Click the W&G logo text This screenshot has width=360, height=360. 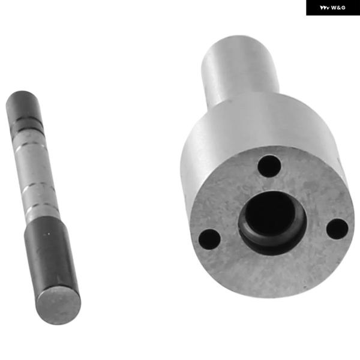pyautogui.click(x=338, y=8)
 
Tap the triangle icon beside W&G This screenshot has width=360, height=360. pyautogui.click(x=325, y=8)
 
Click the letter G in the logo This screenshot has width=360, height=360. pyautogui.click(x=343, y=8)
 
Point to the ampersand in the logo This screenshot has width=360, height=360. pyautogui.click(x=338, y=8)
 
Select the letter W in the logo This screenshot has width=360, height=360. pyautogui.click(x=334, y=8)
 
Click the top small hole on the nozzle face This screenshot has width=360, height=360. pyautogui.click(x=269, y=166)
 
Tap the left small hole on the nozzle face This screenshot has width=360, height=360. pyautogui.click(x=209, y=239)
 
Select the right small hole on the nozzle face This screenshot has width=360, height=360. pyautogui.click(x=337, y=229)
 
